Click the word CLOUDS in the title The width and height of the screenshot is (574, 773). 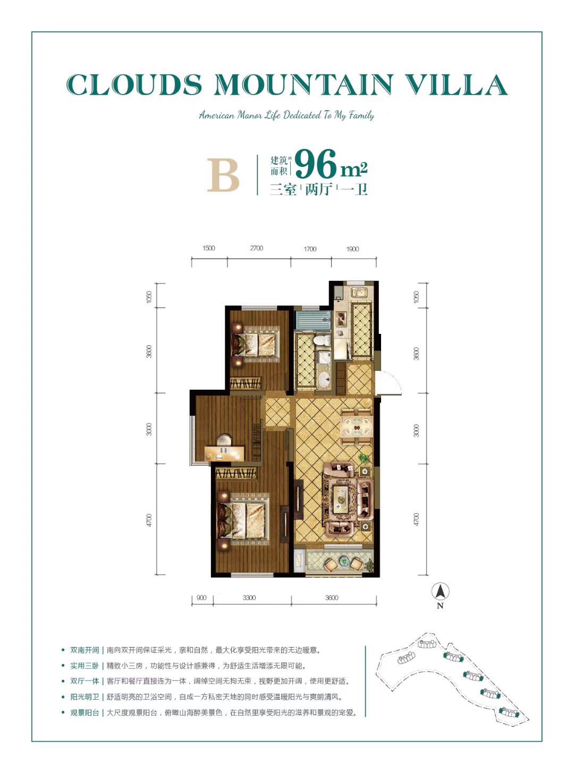(x=134, y=85)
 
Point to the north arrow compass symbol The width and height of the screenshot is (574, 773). (x=440, y=591)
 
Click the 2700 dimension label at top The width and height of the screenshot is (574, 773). (x=257, y=248)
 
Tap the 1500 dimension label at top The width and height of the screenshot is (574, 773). (x=209, y=248)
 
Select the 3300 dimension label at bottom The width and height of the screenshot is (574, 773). (x=249, y=598)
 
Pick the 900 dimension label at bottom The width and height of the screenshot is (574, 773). (x=201, y=598)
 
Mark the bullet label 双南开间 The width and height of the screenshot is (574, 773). (x=85, y=650)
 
